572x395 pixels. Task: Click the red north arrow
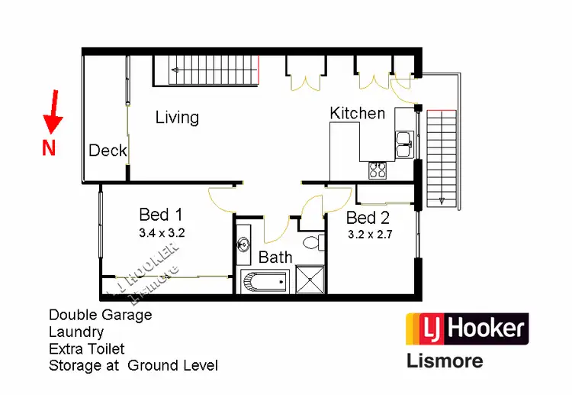[52, 112]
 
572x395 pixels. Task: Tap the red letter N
[49, 148]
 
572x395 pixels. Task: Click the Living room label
[177, 117]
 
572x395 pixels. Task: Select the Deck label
[108, 151]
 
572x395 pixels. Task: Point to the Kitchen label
[357, 113]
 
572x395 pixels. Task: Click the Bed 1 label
[160, 215]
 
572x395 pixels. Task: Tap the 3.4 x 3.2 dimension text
[162, 231]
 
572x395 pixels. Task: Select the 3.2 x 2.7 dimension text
[370, 235]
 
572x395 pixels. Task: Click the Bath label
[275, 257]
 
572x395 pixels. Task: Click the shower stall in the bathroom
[310, 280]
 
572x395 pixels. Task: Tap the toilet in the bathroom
[311, 243]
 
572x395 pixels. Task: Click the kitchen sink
[403, 141]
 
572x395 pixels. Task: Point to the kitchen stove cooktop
[378, 170]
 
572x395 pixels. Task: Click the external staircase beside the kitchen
[442, 157]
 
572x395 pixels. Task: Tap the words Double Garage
[100, 315]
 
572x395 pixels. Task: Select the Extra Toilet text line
[86, 348]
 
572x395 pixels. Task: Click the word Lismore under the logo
[444, 358]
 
